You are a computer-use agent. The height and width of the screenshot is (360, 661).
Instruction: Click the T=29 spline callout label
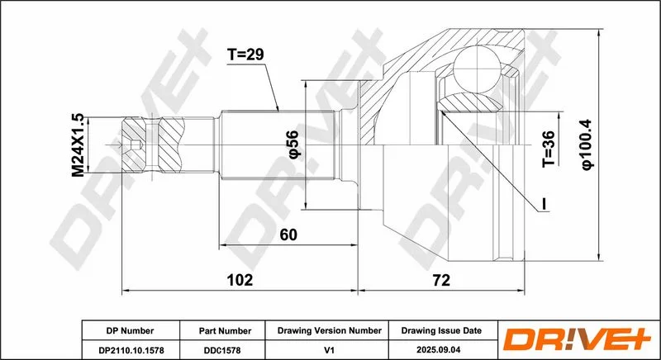[x=245, y=54]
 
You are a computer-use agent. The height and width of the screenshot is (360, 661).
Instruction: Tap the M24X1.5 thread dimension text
[x=78, y=145]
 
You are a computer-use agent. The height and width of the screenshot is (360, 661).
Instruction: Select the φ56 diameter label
[x=294, y=144]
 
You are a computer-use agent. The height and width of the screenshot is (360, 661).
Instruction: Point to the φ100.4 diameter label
[x=587, y=144]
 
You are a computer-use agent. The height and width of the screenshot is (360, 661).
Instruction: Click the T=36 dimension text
[x=549, y=149]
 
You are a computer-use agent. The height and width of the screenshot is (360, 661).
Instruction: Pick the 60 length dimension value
[x=288, y=235]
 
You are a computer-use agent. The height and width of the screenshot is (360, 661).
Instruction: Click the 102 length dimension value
[x=240, y=280]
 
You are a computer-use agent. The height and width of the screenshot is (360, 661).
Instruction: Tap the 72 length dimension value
[x=441, y=280]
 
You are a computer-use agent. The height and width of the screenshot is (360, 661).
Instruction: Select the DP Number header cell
[x=131, y=331]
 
